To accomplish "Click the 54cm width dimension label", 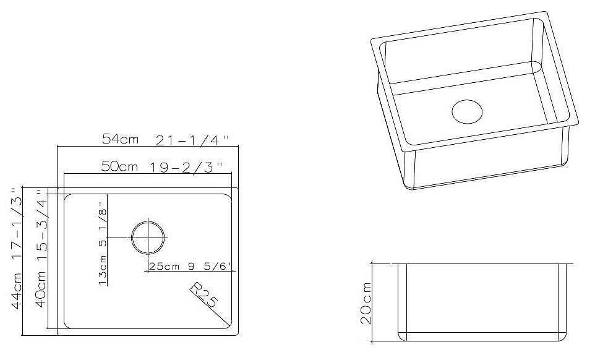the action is (120, 139).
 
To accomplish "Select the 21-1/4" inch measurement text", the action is (193, 141).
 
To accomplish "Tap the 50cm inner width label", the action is (119, 166).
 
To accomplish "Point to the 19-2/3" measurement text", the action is (185, 167).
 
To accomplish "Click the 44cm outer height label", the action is (16, 291).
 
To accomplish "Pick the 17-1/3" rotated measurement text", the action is (16, 223).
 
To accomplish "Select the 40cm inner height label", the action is (41, 289).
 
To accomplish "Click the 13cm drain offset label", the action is (102, 271).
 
